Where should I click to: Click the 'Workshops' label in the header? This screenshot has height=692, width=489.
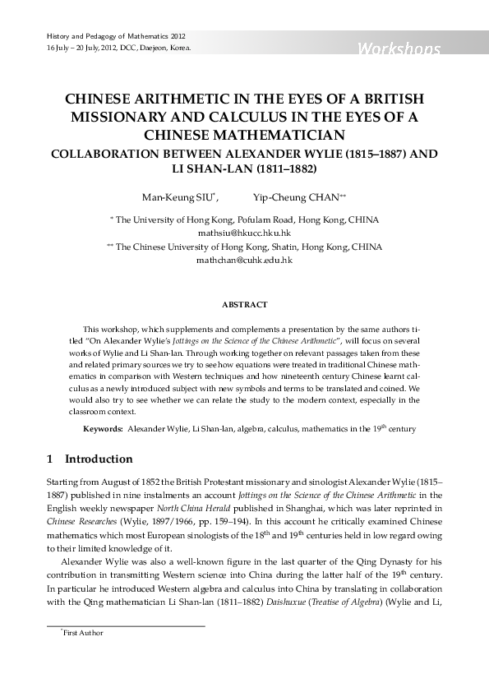[x=399, y=50]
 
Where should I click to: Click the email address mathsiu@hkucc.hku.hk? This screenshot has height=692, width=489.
[x=244, y=233]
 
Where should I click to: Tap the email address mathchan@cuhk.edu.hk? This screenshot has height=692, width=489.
[x=244, y=260]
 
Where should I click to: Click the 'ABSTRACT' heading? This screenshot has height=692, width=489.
[x=244, y=305]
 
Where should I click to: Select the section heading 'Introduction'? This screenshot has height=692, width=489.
[x=98, y=459]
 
